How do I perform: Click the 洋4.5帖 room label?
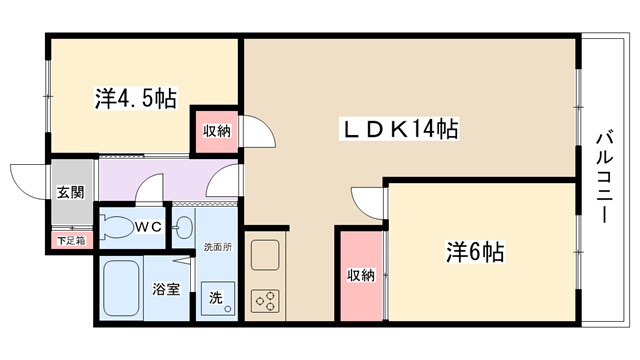(136, 98)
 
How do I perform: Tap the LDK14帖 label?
(399, 129)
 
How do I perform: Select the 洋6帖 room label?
(474, 252)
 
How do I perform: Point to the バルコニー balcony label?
(604, 176)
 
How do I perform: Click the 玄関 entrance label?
(71, 192)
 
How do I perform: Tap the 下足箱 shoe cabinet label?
(71, 241)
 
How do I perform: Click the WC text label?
(149, 227)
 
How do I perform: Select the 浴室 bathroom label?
(166, 289)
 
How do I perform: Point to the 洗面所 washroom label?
(218, 247)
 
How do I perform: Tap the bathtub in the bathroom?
(121, 288)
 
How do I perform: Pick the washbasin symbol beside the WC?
(184, 227)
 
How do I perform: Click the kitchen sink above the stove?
(265, 256)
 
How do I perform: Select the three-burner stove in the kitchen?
(265, 301)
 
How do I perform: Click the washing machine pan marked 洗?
(218, 298)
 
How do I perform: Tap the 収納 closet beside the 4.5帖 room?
(216, 131)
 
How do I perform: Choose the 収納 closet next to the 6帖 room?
(361, 276)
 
